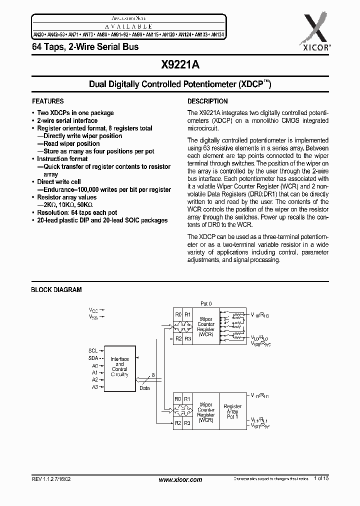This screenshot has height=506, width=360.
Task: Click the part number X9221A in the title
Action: pyautogui.click(x=180, y=64)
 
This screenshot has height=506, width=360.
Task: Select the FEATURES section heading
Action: pyautogui.click(x=47, y=101)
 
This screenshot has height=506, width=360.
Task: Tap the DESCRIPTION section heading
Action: pyautogui.click(x=207, y=101)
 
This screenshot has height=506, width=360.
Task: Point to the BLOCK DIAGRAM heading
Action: pyautogui.click(x=56, y=290)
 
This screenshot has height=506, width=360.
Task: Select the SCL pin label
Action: pyautogui.click(x=93, y=350)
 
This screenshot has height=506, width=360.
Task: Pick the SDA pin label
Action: pyautogui.click(x=93, y=358)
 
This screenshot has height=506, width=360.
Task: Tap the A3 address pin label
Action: pyautogui.click(x=94, y=387)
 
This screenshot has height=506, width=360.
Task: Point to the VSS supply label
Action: pyautogui.click(x=93, y=317)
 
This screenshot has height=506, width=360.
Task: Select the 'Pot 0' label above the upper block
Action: pyautogui.click(x=206, y=303)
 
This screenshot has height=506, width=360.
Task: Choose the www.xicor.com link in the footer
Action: pyautogui.click(x=180, y=479)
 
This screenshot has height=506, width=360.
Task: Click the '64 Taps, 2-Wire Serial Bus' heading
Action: pyautogui.click(x=85, y=46)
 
